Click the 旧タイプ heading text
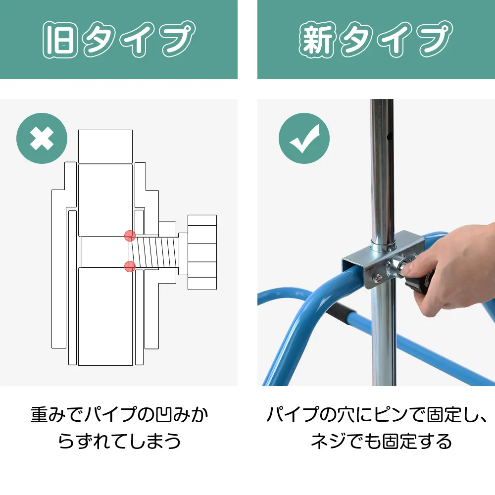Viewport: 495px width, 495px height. click(x=119, y=40)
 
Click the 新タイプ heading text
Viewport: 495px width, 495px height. click(x=376, y=40)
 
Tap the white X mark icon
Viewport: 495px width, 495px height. click(x=42, y=138)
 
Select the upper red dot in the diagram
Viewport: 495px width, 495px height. click(x=130, y=236)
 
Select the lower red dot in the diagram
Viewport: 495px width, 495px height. click(x=130, y=266)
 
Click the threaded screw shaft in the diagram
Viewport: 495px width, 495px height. click(x=154, y=252)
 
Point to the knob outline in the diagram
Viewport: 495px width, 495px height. click(x=202, y=252)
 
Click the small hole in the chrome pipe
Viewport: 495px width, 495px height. click(x=389, y=137)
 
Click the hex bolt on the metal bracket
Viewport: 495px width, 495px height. click(x=376, y=278)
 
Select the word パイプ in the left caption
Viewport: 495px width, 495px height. click(x=111, y=414)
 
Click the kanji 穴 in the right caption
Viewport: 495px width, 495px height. click(x=346, y=414)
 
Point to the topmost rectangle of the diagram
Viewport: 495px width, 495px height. click(x=105, y=147)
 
